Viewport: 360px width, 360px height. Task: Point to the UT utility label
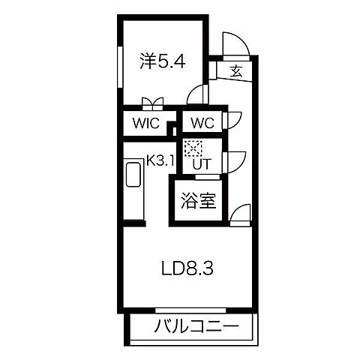201,163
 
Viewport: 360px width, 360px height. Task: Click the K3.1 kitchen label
160,160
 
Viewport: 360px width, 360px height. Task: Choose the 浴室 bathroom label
199,201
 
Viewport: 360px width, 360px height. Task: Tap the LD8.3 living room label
189,268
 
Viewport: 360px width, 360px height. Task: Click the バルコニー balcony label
196,327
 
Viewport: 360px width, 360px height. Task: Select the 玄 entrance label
235,72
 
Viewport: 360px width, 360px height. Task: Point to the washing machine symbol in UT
193,148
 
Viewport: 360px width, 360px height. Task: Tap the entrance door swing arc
234,46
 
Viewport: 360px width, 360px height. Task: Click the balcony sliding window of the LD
190,309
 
